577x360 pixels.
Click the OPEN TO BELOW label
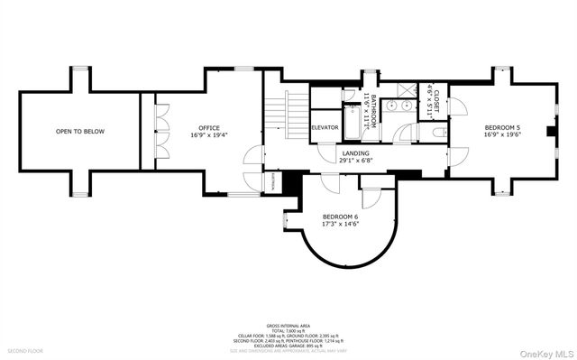(80, 132)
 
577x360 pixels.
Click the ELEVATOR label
(325, 127)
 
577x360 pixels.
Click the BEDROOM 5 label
(501, 127)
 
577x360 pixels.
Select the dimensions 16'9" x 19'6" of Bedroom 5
(501, 135)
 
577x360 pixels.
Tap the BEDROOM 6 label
(341, 217)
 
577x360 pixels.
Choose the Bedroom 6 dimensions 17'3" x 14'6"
(341, 226)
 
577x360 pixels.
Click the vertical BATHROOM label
(368, 112)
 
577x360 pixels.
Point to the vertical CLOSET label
(435, 106)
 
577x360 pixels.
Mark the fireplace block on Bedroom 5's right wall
(549, 130)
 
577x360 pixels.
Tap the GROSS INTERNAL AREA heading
(288, 325)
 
